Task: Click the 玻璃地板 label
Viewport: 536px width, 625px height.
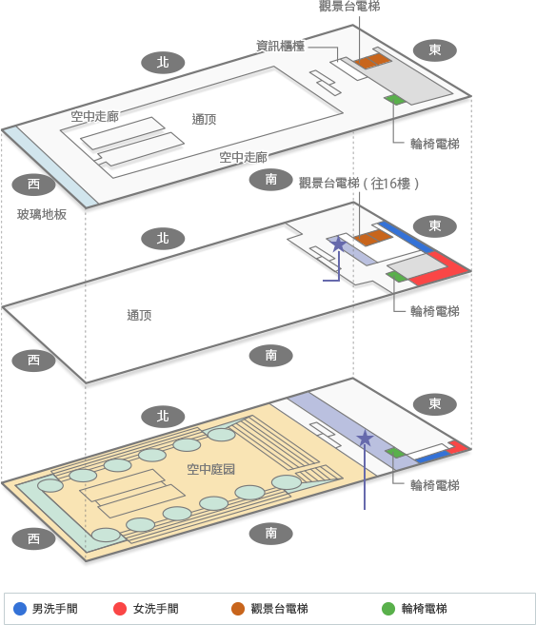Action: point(42,214)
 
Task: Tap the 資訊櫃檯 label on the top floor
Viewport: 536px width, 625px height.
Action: point(280,46)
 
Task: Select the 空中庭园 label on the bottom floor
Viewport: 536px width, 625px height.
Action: point(210,469)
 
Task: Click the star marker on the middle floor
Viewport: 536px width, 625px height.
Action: point(338,244)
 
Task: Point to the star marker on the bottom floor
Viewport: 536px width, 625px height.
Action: point(365,439)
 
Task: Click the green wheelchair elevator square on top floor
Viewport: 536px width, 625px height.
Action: point(395,99)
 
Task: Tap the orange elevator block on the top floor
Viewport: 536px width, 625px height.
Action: point(373,61)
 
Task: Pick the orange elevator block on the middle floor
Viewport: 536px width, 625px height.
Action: point(373,238)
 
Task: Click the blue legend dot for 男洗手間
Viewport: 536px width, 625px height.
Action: point(20,609)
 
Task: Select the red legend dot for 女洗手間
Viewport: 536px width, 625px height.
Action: point(120,609)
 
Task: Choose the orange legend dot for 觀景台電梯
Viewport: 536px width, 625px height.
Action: point(238,609)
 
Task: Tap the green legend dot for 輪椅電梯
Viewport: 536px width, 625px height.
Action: point(388,609)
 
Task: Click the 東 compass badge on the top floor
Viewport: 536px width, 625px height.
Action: point(435,50)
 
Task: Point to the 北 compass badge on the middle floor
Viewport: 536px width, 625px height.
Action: point(163,239)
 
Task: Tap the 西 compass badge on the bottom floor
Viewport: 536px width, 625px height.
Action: point(33,538)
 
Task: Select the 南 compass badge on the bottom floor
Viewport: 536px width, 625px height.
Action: point(270,534)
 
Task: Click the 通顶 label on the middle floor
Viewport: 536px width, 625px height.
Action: point(139,315)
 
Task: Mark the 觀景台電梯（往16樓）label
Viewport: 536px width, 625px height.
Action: point(359,184)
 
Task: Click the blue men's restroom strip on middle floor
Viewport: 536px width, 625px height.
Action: point(406,237)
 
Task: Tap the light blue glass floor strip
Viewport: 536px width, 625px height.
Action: point(50,166)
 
